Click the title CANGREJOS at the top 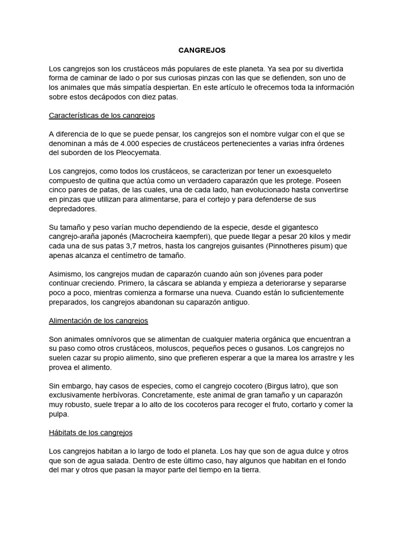(x=202, y=50)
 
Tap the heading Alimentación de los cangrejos (x=98, y=320)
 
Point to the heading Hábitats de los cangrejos (x=90, y=432)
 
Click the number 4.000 (x=131, y=143)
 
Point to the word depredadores (x=73, y=208)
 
